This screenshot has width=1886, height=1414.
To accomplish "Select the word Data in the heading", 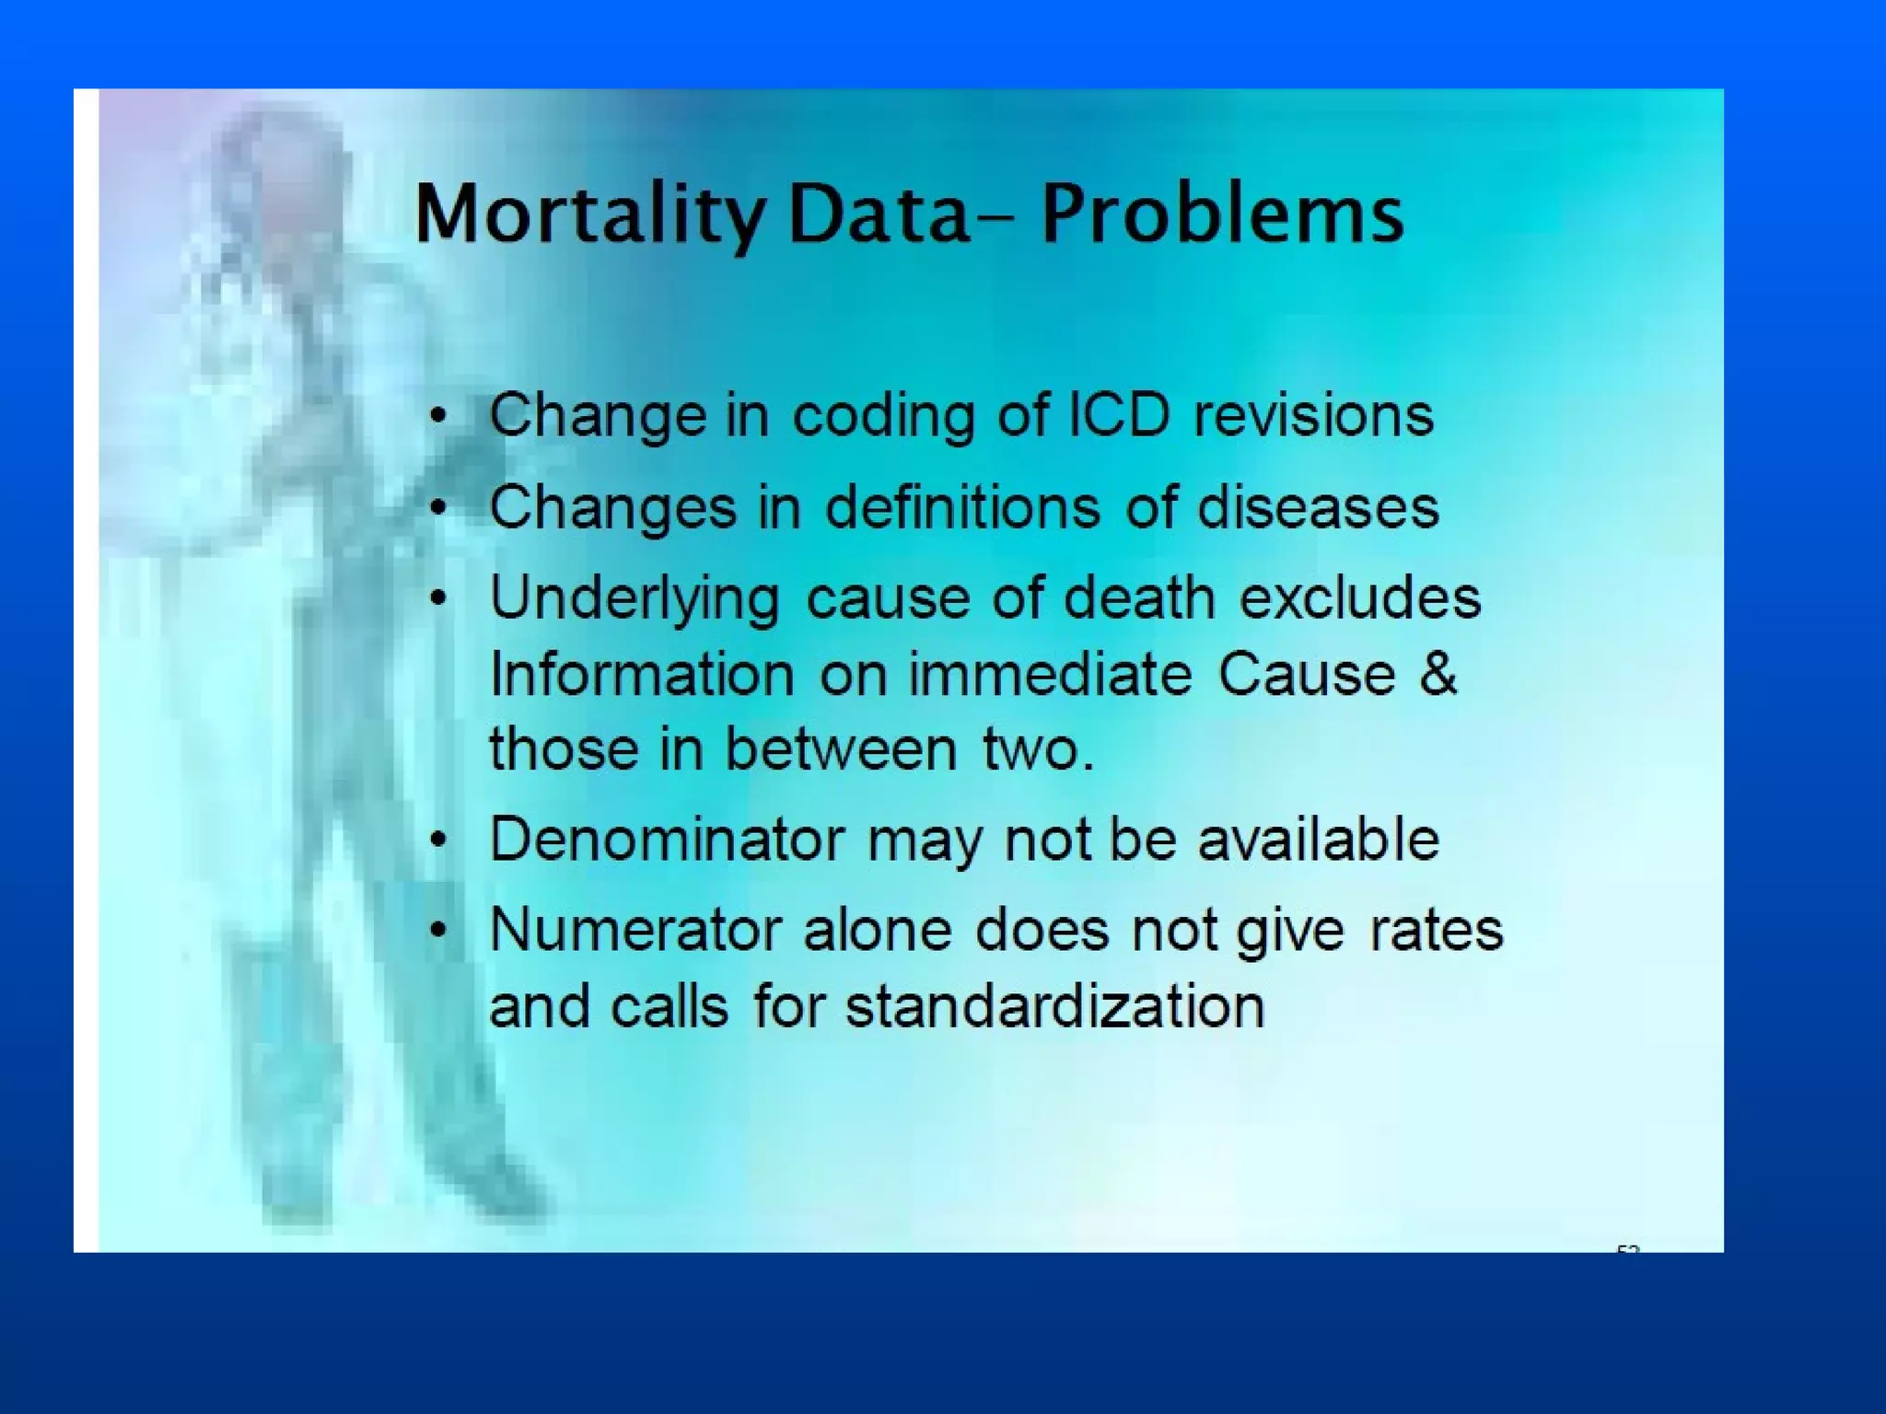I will (879, 214).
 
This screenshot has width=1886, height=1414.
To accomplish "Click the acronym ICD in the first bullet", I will (1118, 414).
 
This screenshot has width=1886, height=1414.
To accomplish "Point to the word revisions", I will (1313, 414).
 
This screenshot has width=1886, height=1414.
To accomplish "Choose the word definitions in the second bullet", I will (962, 506).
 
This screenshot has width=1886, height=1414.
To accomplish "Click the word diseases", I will (1318, 506).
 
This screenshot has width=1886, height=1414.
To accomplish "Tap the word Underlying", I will (634, 598).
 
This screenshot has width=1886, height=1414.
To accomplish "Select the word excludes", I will (1360, 597).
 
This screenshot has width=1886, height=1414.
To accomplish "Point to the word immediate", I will (1051, 673).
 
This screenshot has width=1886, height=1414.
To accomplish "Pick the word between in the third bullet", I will (842, 748).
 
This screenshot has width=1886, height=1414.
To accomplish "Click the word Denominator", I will (667, 839).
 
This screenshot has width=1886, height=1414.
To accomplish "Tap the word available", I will (1318, 839).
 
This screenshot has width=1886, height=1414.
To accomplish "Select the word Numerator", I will (635, 929).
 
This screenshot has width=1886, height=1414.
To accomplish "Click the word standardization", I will (1055, 1004).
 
